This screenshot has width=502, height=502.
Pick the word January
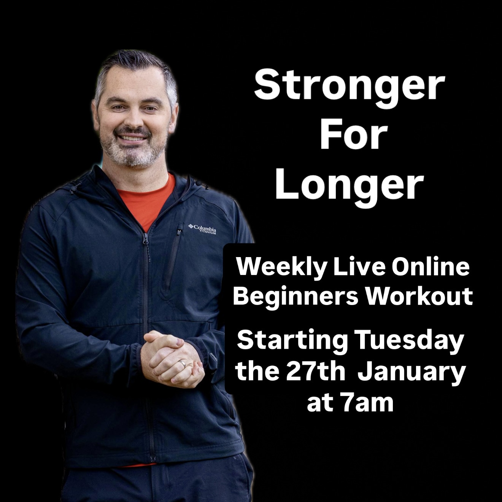coord(411,372)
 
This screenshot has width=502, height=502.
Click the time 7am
coord(367,403)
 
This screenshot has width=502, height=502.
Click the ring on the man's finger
coord(183,364)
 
